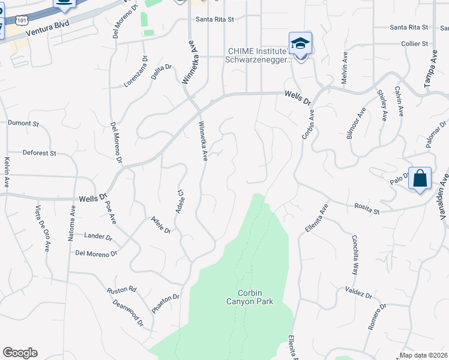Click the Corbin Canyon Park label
coord(255,297)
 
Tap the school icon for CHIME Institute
coord(300,44)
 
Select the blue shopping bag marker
coord(420,179)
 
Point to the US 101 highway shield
coord(22,20)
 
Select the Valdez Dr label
coord(358,294)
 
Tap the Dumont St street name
coord(23,124)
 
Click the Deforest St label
coord(39,153)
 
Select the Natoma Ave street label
coord(71,222)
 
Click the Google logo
coord(20,353)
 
